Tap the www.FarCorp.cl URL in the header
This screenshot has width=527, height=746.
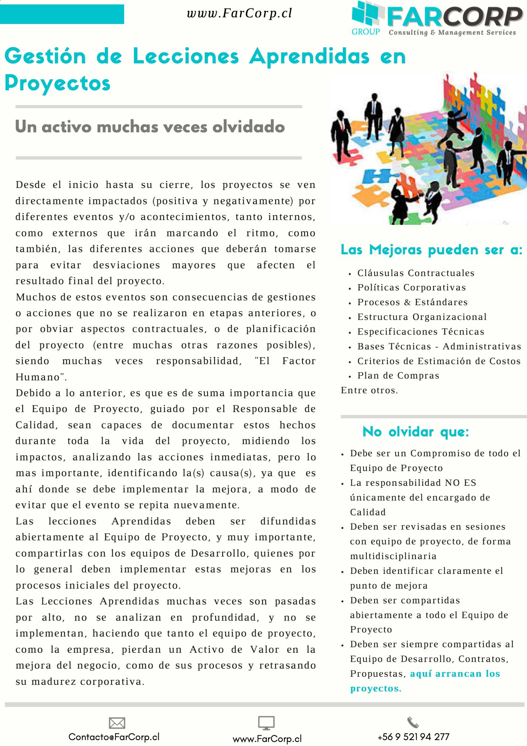pos(239,13)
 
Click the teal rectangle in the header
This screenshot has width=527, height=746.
pos(62,14)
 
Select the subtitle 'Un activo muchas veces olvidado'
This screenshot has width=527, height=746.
pos(150,127)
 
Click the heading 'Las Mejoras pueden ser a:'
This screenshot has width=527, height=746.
pos(431,250)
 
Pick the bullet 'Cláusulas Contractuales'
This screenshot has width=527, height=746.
pos(416,273)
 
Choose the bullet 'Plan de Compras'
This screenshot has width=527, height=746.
pos(398,376)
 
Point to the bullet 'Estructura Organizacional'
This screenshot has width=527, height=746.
pos(422,317)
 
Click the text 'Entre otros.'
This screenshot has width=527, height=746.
pos(369,390)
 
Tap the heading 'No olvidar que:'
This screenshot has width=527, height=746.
pos(416,432)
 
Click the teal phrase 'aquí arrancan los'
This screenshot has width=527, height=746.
pos(455,674)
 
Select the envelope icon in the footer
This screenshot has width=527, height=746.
pos(117,723)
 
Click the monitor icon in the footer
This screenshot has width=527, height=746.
pos(266,723)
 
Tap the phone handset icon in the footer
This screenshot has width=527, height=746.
pos(413,722)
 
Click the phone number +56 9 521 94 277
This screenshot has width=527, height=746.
pos(413,737)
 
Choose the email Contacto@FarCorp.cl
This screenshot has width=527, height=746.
pos(114,737)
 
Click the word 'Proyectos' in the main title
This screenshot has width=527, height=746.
pos(58,83)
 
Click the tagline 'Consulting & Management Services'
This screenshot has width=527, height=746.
pos(452,32)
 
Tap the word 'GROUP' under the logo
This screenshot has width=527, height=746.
pos(366,32)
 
